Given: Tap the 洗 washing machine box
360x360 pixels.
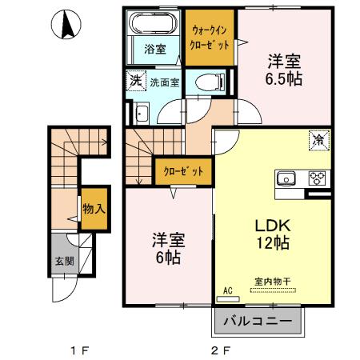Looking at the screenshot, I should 137,81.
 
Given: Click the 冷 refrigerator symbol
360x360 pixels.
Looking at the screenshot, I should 318,142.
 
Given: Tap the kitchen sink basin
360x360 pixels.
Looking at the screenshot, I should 288,178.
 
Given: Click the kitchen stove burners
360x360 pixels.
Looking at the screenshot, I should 315,178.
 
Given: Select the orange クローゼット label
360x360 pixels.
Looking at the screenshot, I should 184,171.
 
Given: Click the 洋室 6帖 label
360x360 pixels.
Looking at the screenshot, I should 167,248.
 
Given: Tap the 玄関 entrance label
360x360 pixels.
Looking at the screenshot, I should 63,262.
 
